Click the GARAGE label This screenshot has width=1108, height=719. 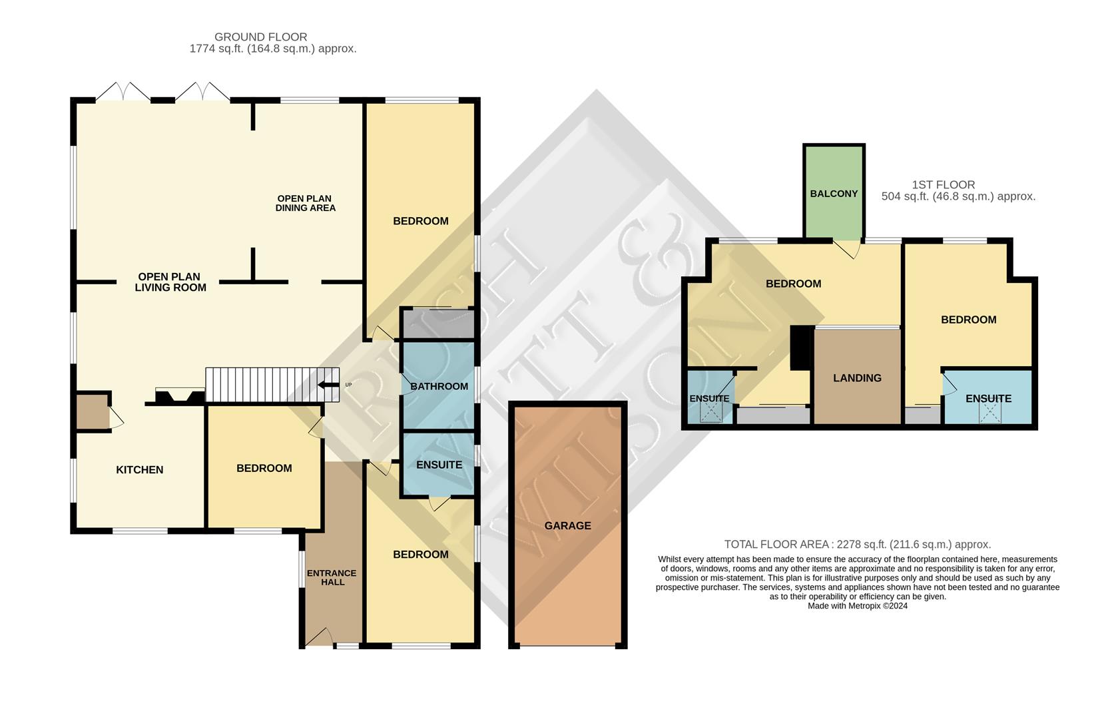[567, 525]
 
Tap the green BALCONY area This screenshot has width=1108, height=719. [834, 193]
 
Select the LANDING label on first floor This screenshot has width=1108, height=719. [857, 377]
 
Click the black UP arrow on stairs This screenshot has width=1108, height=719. [328, 385]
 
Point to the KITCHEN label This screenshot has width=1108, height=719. [139, 469]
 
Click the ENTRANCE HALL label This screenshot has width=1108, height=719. [332, 577]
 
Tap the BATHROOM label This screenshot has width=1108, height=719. [439, 386]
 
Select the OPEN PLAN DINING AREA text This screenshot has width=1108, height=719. [305, 203]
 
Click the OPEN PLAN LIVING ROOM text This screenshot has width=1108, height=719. [170, 282]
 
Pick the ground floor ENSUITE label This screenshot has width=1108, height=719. [439, 465]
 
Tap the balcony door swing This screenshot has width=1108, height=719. [848, 249]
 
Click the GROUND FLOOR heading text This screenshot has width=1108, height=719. [260, 37]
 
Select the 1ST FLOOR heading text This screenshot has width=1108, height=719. [943, 184]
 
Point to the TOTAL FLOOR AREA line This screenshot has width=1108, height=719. [857, 544]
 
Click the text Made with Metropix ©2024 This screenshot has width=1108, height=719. [857, 606]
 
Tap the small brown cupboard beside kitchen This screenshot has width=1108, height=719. [92, 411]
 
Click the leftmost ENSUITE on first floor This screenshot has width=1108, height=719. [709, 398]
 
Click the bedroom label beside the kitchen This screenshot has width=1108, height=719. [264, 468]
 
